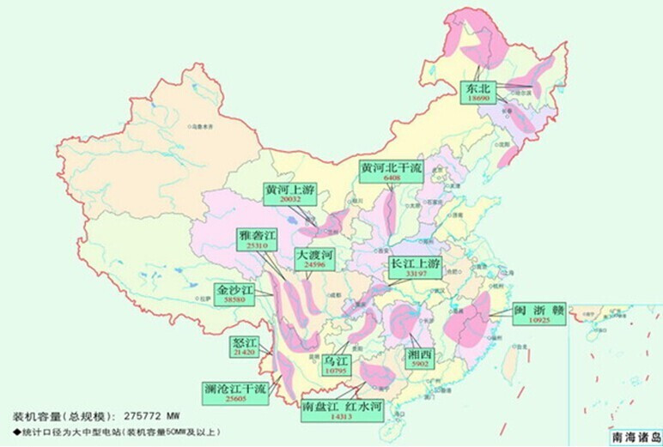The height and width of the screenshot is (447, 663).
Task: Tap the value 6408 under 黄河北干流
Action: [x=392, y=178]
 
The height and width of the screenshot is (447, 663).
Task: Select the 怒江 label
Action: [x=245, y=347]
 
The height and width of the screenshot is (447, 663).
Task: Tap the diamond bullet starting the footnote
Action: [x=15, y=430]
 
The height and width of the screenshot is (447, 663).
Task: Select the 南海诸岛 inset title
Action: [x=636, y=436]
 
